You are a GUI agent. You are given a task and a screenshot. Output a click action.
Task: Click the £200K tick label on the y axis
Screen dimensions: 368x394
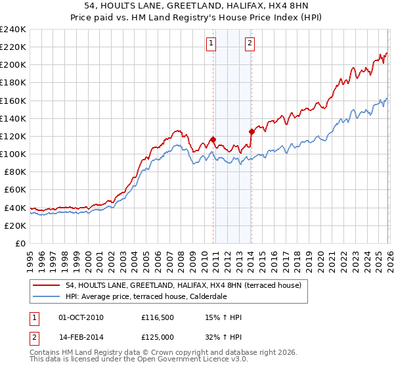(x=12, y=65)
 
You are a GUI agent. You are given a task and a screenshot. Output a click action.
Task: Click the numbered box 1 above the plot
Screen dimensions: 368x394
(x=211, y=44)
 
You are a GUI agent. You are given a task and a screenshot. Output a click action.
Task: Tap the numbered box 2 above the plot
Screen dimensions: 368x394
(x=251, y=44)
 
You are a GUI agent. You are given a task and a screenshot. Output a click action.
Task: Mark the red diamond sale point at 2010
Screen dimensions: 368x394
(x=213, y=139)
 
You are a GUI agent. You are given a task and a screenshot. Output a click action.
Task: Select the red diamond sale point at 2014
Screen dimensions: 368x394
(x=252, y=131)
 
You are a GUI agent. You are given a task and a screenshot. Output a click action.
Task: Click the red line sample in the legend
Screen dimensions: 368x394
(x=47, y=285)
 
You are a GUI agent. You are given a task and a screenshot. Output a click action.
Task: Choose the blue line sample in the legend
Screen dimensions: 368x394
(x=47, y=296)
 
